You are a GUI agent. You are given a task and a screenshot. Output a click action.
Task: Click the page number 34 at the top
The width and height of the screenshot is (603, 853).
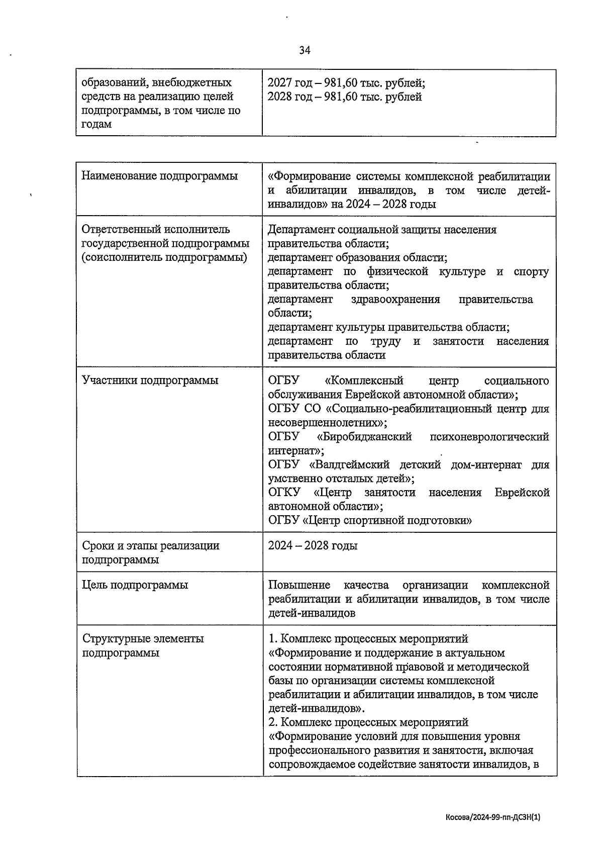click(x=305, y=50)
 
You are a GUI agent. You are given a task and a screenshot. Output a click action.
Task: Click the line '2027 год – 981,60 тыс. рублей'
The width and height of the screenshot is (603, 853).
click(x=346, y=83)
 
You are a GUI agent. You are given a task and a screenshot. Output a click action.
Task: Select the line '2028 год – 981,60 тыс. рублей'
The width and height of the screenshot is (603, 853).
click(x=344, y=97)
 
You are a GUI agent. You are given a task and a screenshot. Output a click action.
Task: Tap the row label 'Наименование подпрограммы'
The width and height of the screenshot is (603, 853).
click(x=159, y=176)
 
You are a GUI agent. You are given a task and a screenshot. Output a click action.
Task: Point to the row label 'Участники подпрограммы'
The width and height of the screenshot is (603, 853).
click(x=150, y=380)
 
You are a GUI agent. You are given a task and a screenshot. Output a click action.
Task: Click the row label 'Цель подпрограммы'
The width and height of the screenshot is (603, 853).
click(x=135, y=585)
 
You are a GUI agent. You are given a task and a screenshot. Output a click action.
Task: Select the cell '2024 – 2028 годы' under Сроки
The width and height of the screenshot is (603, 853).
click(x=313, y=545)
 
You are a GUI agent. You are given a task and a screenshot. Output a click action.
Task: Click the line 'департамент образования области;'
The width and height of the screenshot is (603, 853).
click(x=357, y=257)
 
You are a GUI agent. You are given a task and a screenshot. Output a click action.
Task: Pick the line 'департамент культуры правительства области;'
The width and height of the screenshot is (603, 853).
click(x=388, y=327)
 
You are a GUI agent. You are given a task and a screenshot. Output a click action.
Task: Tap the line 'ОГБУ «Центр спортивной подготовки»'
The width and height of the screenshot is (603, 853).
click(x=370, y=520)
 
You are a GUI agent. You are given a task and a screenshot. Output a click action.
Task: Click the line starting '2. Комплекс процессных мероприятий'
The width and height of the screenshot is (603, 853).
click(x=368, y=722)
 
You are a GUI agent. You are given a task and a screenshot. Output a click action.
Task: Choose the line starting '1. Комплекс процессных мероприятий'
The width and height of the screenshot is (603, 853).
click(x=368, y=639)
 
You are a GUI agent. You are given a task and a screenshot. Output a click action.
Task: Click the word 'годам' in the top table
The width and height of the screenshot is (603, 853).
click(x=96, y=124)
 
